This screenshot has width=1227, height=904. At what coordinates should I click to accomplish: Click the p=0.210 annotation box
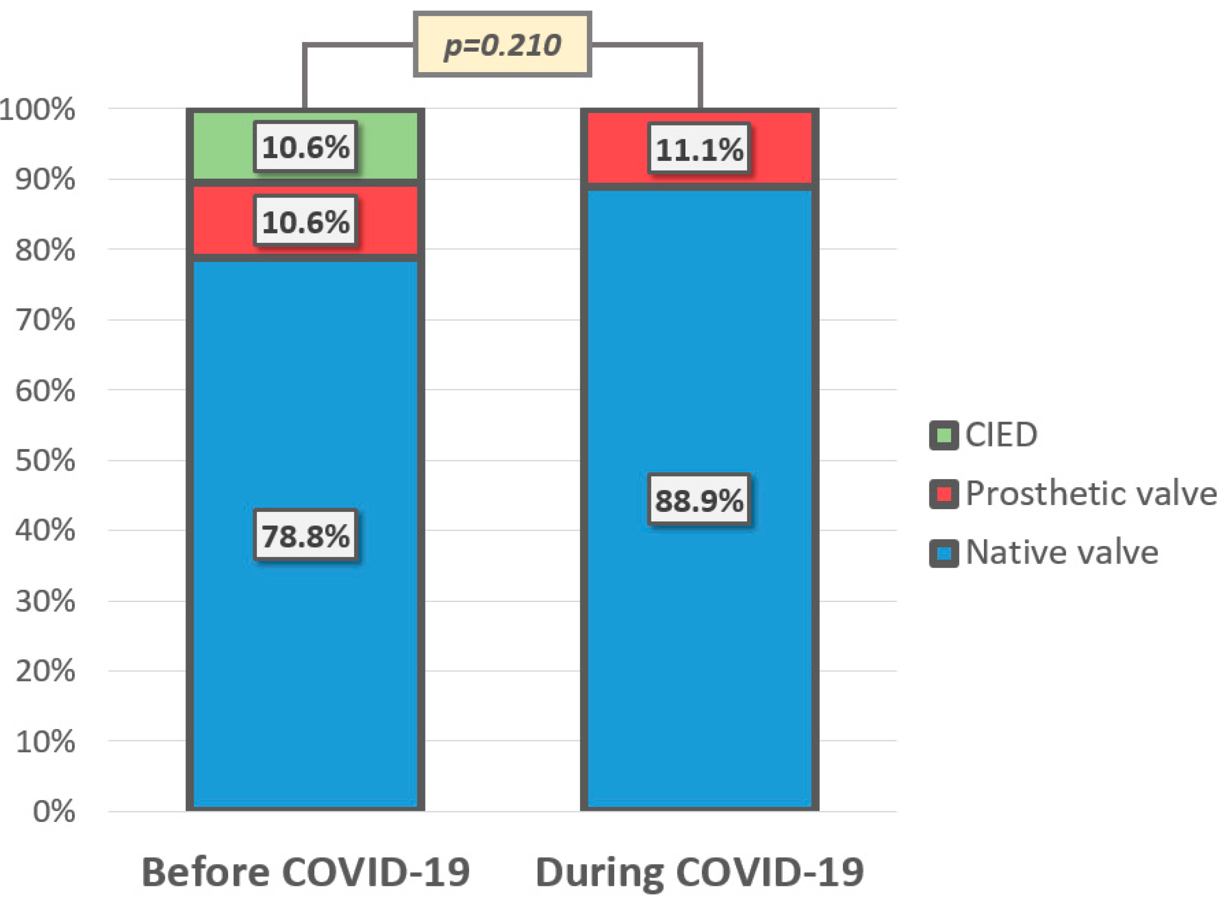click(502, 45)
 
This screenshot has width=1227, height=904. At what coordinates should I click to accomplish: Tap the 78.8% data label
click(305, 535)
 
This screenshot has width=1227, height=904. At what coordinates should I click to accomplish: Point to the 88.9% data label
click(699, 500)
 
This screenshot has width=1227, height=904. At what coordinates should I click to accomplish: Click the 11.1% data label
click(699, 149)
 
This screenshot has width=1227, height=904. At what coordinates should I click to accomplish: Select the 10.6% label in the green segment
click(305, 146)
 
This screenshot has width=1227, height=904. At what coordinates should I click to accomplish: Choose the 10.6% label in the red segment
click(305, 222)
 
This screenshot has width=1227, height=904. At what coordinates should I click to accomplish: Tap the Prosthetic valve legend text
click(1090, 494)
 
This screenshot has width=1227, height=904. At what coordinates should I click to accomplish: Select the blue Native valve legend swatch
click(943, 553)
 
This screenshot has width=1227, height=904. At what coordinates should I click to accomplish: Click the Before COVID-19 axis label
click(305, 871)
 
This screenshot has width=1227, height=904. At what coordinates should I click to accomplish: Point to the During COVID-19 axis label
click(699, 871)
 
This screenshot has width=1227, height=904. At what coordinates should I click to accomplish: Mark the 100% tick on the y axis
click(37, 109)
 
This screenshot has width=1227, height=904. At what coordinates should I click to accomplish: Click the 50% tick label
click(45, 460)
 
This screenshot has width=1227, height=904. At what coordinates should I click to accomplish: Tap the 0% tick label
click(54, 811)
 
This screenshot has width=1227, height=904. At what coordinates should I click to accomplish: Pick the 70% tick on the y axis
click(45, 320)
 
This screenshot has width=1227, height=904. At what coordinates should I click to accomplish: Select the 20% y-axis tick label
click(45, 671)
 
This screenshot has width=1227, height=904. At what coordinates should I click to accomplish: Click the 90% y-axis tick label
click(45, 180)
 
